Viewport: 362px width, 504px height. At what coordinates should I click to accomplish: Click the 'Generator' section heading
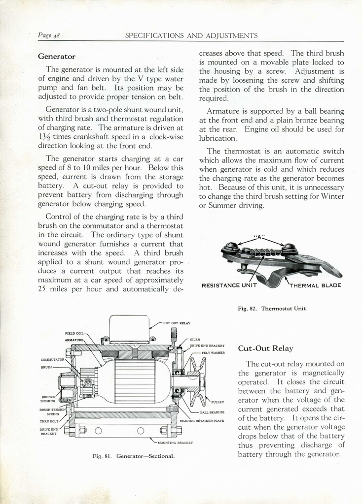[57, 56]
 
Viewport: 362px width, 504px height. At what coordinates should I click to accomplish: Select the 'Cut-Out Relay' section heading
[265, 348]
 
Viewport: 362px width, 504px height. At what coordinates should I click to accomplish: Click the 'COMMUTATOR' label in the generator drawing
[53, 359]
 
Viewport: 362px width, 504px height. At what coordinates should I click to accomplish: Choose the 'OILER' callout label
[195, 339]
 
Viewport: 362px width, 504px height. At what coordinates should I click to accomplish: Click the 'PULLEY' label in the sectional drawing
[218, 402]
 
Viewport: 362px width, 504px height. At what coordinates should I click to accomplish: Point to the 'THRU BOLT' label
[49, 421]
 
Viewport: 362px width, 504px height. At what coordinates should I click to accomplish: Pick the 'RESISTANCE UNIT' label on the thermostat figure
[229, 285]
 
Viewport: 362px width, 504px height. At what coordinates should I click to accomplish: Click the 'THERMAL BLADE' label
[315, 285]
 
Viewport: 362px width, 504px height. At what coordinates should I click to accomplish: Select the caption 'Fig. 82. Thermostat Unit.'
[272, 309]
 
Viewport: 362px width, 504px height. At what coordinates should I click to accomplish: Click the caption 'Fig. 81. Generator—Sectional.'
[134, 456]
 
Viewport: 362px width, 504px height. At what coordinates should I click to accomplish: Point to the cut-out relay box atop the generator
[129, 328]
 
